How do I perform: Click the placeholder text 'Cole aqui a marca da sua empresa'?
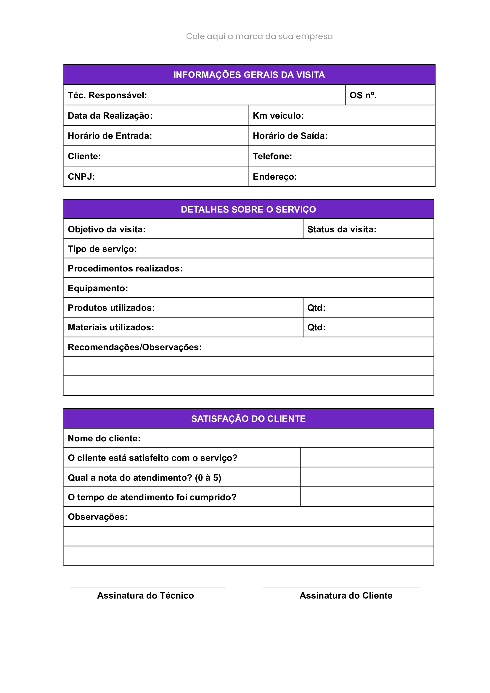(x=259, y=36)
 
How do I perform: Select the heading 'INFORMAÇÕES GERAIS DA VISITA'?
(x=249, y=75)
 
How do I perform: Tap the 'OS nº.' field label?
(x=363, y=95)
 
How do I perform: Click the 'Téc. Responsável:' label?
(x=107, y=95)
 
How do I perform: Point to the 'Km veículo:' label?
(x=278, y=116)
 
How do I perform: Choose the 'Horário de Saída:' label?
(x=290, y=136)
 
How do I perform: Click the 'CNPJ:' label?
(x=81, y=176)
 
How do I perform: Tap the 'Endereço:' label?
(x=274, y=176)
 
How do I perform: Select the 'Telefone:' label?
(x=272, y=156)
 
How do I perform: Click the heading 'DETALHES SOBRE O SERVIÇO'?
(x=248, y=209)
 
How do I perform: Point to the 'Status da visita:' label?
(x=341, y=229)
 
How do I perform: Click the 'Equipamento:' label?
(x=98, y=288)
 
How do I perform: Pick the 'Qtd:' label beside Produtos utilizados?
(x=316, y=308)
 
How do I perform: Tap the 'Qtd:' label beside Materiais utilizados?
(x=316, y=327)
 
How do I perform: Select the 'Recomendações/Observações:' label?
(x=135, y=347)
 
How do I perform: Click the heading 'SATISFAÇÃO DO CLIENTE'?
(x=248, y=419)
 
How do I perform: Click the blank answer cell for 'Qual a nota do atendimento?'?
(x=367, y=477)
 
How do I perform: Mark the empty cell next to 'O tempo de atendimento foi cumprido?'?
(x=367, y=497)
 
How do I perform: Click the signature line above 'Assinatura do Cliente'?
(x=341, y=588)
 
